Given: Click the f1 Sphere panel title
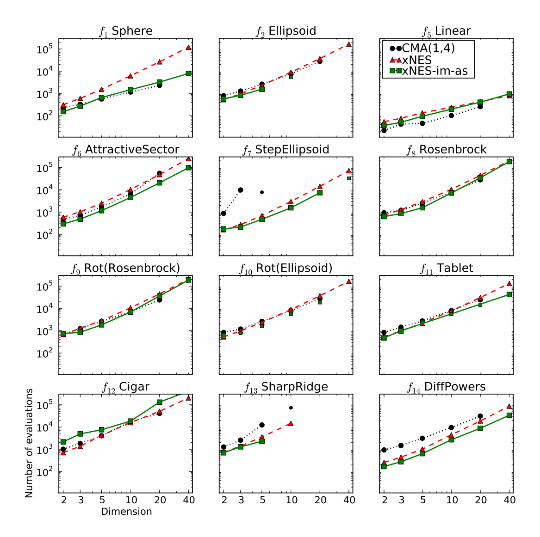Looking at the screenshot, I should coord(125,31).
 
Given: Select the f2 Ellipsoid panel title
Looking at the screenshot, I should coord(286,31).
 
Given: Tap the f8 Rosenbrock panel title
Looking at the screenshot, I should coord(446,150).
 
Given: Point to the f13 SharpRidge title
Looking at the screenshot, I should coord(286,387).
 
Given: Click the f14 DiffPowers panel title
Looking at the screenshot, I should coord(446,387).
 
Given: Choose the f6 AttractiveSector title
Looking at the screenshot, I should coord(125,150).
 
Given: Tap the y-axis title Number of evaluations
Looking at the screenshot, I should coord(29,443).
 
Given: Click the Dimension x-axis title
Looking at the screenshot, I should coord(126,512).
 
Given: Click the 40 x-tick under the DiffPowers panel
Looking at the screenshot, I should coord(509,500).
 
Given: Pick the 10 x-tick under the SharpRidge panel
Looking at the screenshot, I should coord(291,500).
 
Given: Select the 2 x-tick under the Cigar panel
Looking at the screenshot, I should coord(63,500).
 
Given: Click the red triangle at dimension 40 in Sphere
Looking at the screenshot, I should coord(188,47).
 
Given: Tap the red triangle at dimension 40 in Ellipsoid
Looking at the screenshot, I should coord(349,44).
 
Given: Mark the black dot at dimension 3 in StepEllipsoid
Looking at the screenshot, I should coord(241,190).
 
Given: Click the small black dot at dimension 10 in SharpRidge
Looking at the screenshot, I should coord(291,408).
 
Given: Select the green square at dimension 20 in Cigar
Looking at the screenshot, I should coord(159,402).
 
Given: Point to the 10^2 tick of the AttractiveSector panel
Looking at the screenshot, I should coord(45,235).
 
